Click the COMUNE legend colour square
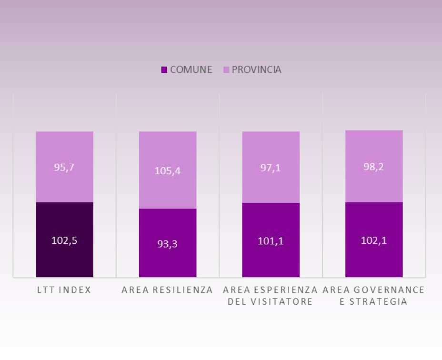tap(164, 70)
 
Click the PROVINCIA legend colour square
tap(226, 70)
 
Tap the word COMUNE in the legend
tap(191, 70)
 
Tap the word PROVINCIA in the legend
tap(257, 70)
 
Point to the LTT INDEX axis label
tap(64, 290)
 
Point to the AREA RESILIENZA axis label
tap(167, 290)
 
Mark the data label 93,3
tap(168, 244)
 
